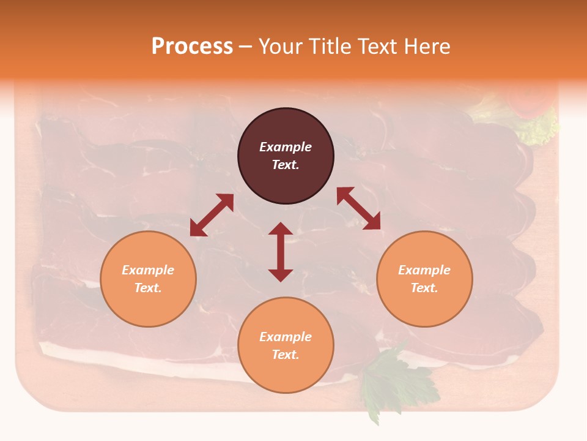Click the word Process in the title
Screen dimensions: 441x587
tap(192, 47)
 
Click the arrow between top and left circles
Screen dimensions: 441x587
tap(212, 215)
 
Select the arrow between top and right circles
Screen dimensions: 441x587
tap(358, 208)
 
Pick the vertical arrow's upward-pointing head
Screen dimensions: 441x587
tap(281, 230)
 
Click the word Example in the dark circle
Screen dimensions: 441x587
tap(286, 147)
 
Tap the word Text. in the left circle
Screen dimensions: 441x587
tap(148, 288)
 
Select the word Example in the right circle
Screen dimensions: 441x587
tap(424, 270)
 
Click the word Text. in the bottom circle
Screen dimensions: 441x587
tap(286, 355)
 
